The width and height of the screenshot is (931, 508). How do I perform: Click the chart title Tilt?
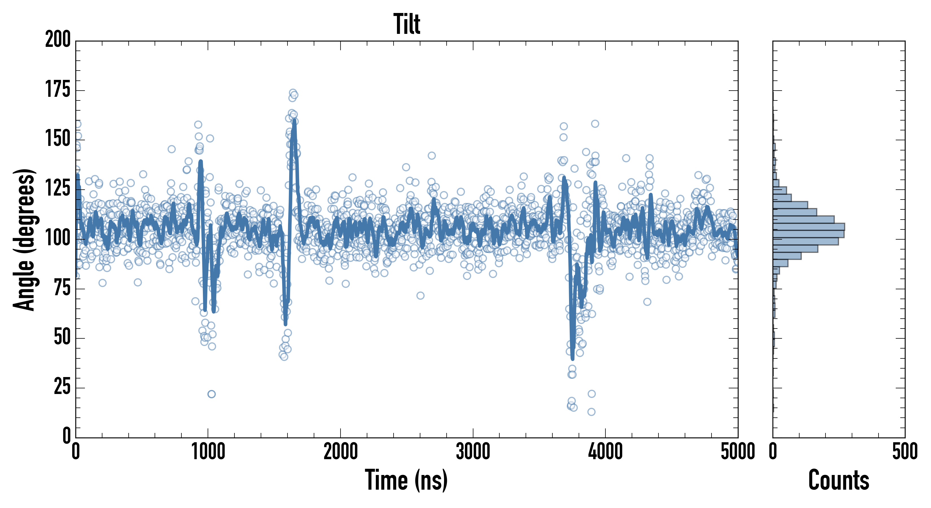tap(407, 24)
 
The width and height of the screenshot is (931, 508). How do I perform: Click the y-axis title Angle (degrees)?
tap(24, 239)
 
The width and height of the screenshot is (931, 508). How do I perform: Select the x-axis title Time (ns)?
tap(406, 480)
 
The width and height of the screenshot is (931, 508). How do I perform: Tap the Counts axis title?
tap(838, 480)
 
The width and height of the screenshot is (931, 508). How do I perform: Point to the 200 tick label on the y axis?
tap(58, 40)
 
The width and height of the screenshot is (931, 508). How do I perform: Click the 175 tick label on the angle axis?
tap(58, 90)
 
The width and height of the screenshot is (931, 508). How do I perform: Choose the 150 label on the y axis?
tap(58, 139)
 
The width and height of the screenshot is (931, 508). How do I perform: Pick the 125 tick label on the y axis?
tap(58, 189)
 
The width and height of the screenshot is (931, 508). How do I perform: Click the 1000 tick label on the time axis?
tap(208, 452)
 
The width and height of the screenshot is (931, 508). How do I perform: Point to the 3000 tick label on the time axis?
tap(473, 452)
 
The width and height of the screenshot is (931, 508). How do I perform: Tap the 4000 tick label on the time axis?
tap(605, 452)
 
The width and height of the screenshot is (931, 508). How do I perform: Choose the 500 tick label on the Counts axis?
tap(904, 452)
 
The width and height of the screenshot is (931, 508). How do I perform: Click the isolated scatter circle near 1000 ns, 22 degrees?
tap(211, 394)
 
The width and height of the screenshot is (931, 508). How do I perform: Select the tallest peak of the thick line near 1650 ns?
tap(294, 121)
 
